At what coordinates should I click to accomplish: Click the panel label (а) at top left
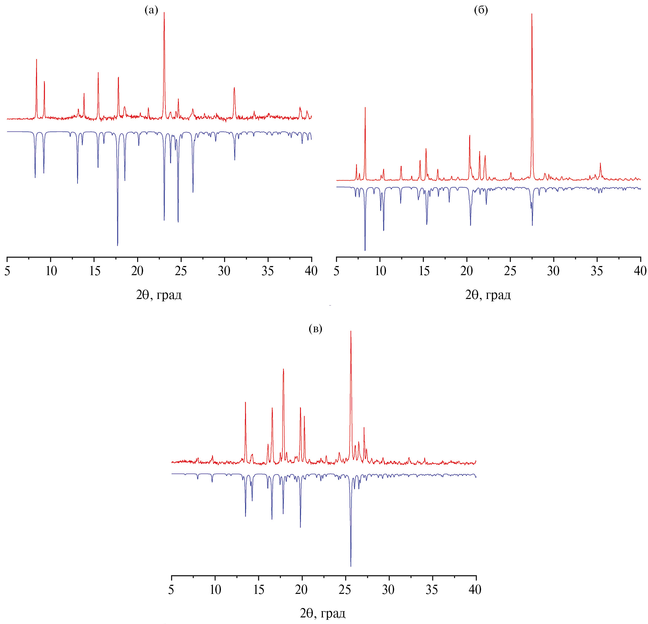[152, 11]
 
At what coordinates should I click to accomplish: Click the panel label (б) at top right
[481, 11]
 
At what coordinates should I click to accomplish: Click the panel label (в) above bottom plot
[315, 329]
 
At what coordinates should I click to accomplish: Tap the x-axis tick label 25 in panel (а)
[181, 271]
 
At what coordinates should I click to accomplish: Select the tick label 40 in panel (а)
[311, 271]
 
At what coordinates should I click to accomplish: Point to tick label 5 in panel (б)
[337, 271]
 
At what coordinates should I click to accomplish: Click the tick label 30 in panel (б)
[554, 271]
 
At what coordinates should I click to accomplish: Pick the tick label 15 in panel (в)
[259, 589]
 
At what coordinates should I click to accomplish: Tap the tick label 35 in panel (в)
[432, 589]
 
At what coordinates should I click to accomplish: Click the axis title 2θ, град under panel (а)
[159, 295]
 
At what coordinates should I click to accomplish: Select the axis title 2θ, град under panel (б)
[488, 295]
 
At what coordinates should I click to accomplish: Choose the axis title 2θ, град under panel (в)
[323, 613]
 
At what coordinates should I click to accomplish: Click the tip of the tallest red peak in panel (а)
[164, 13]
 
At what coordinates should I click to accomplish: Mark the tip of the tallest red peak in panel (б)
[532, 14]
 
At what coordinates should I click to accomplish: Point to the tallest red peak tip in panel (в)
[351, 331]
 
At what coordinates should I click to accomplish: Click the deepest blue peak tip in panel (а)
[117, 246]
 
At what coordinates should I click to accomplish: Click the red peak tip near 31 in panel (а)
[234, 88]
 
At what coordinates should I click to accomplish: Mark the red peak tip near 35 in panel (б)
[600, 163]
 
